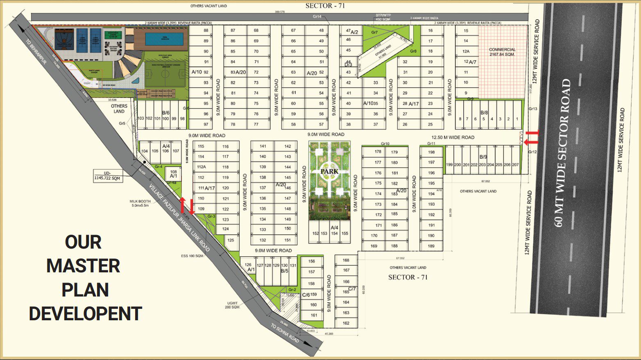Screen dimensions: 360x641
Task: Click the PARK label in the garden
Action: click(x=330, y=171)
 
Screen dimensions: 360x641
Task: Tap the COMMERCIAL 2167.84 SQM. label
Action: click(x=502, y=52)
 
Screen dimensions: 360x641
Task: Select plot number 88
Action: click(x=206, y=30)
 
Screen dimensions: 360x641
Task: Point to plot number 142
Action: click(x=288, y=146)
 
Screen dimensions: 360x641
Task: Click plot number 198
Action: click(x=431, y=152)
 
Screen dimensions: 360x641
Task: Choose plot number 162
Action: click(x=346, y=323)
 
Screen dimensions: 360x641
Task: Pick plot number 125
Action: click(x=231, y=240)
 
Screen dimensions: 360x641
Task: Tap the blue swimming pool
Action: click(x=164, y=39)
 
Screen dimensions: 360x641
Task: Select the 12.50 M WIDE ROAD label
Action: click(x=453, y=138)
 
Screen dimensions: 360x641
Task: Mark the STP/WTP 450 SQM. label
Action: click(x=383, y=17)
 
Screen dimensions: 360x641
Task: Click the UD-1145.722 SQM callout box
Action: click(x=108, y=176)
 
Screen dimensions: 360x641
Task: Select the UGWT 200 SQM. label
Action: click(x=232, y=305)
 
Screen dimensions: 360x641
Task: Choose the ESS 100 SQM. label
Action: click(x=193, y=256)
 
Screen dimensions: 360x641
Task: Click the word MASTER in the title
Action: click(x=83, y=266)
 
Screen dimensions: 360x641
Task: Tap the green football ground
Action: click(x=165, y=75)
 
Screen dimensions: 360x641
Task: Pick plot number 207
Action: click(x=515, y=165)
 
